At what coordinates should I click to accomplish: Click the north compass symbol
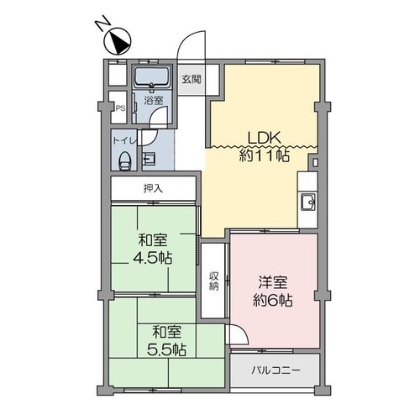tap(118, 41)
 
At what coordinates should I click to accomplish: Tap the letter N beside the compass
tap(102, 23)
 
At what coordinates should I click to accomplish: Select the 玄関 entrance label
tap(192, 79)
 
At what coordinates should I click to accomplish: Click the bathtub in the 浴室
tap(152, 76)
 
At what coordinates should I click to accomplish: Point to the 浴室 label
tap(154, 100)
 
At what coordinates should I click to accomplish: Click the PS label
tap(120, 108)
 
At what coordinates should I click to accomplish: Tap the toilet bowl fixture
tap(124, 161)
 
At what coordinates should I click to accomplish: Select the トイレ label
tap(124, 140)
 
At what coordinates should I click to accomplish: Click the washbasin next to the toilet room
tap(149, 160)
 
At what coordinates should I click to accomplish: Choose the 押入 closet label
tap(153, 188)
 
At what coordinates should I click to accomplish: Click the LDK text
tap(264, 138)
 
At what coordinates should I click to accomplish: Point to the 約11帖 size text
tap(264, 155)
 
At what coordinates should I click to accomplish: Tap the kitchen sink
tap(308, 202)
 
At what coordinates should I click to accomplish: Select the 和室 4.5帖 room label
tap(153, 249)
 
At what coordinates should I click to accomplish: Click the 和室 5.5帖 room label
tap(166, 340)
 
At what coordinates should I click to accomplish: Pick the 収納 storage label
tap(214, 281)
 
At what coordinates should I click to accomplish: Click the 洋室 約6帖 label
tap(273, 291)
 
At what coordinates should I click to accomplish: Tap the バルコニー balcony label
tap(276, 370)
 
